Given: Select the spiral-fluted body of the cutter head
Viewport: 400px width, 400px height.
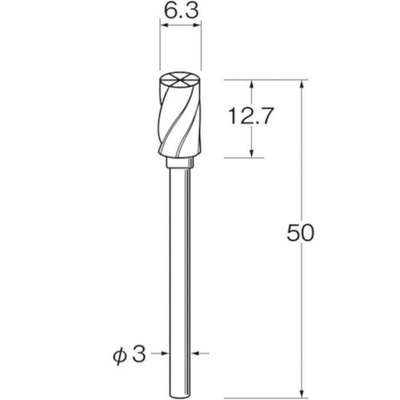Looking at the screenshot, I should tap(179, 123).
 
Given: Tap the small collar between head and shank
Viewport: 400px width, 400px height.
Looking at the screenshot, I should tap(180, 163).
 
